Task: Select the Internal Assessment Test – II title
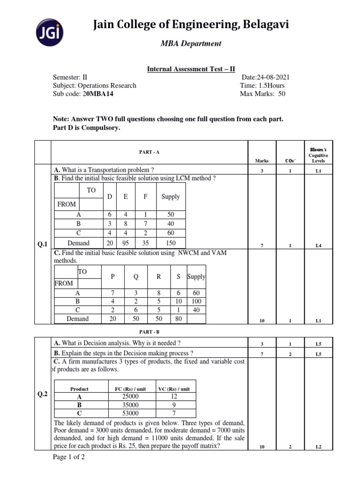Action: (x=191, y=69)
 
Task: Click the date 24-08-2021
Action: (x=267, y=77)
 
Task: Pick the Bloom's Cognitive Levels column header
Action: (x=318, y=155)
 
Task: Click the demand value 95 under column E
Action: (x=126, y=243)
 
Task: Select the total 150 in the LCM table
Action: (x=170, y=243)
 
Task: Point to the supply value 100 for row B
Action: (x=196, y=302)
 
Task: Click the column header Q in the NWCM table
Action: (x=136, y=277)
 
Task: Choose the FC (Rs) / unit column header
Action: (x=131, y=389)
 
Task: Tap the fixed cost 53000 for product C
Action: (x=130, y=413)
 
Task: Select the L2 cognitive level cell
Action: (x=318, y=447)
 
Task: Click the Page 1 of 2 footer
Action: (x=70, y=457)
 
